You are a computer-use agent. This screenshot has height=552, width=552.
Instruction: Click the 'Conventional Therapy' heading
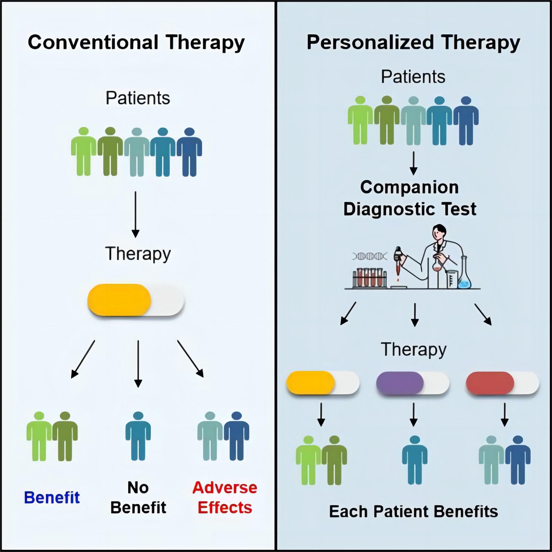tap(136, 42)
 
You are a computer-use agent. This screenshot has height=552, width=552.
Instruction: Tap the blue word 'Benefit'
tap(52, 498)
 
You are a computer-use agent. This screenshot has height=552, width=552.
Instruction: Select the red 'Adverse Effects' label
tap(225, 498)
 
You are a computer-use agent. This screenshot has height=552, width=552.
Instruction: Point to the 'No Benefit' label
tap(138, 498)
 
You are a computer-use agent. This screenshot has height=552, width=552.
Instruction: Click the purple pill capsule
tap(413, 383)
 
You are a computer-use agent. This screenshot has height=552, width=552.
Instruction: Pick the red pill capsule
tap(502, 383)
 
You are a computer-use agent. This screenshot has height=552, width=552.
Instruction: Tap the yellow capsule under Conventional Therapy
tap(136, 300)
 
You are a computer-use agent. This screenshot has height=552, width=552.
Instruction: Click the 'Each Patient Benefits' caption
tap(413, 512)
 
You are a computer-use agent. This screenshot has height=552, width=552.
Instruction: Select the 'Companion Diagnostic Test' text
tap(410, 198)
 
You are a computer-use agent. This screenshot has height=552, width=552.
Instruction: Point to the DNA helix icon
tap(370, 256)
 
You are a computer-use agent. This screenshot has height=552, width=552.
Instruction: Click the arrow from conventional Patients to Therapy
tap(136, 214)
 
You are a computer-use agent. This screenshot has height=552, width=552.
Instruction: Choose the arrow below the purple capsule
tap(413, 415)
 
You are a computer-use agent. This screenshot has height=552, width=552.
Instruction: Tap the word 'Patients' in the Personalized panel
tap(413, 76)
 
